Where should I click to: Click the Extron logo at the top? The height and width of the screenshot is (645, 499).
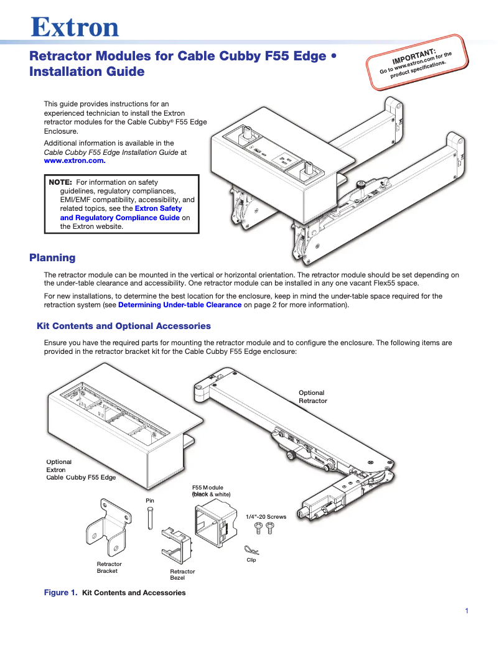point(75,27)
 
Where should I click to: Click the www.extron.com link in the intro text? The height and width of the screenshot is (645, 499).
point(70,160)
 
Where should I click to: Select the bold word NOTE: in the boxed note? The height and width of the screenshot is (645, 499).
point(61,182)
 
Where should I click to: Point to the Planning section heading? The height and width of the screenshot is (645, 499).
point(53,258)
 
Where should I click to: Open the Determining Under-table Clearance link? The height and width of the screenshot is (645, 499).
point(180,305)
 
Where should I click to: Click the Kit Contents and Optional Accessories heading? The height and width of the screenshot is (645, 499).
point(124,326)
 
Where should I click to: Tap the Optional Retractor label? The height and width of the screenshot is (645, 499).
point(312,397)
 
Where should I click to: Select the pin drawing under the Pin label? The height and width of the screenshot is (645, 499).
point(150,517)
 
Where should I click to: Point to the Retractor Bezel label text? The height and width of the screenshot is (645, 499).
point(182,575)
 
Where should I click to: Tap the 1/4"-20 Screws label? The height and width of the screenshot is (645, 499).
point(266,516)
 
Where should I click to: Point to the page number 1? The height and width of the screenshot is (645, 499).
point(467,611)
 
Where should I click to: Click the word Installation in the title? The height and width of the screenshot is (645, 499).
point(62,72)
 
